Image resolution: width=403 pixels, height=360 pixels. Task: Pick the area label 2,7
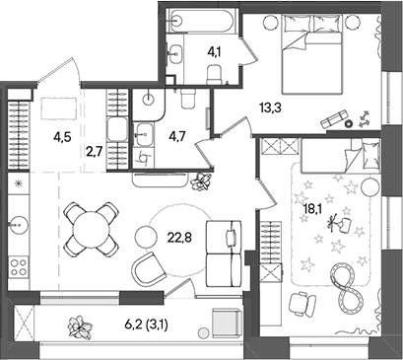pyautogui.click(x=94, y=152)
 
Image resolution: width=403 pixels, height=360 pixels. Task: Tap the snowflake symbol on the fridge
pyautogui.click(x=17, y=184)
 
